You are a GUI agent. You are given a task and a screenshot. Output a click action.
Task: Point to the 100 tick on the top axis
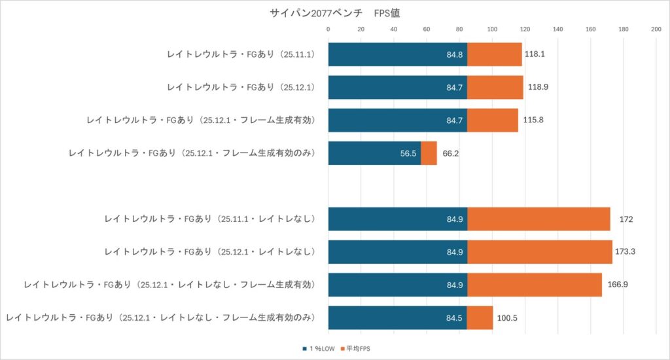tap(492, 29)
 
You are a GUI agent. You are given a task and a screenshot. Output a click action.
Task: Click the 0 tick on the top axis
tap(328, 29)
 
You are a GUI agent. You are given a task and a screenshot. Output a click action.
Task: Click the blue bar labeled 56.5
tap(374, 153)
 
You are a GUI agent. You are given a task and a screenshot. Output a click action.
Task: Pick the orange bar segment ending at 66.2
tap(429, 153)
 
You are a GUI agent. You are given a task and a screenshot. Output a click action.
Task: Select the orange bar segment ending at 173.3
tap(539, 251)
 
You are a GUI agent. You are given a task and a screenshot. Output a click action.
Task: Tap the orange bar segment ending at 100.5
tap(480, 317)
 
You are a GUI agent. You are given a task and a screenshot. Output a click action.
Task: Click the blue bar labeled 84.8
tap(397, 54)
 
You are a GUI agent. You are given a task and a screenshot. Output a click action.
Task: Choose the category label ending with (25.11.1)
tap(241, 54)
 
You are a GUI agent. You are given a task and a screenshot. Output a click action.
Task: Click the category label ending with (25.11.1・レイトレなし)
tap(210, 219)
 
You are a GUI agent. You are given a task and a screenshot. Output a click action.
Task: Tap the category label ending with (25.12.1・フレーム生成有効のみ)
tap(192, 153)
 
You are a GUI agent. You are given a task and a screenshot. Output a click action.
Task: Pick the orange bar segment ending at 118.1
tap(494, 54)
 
